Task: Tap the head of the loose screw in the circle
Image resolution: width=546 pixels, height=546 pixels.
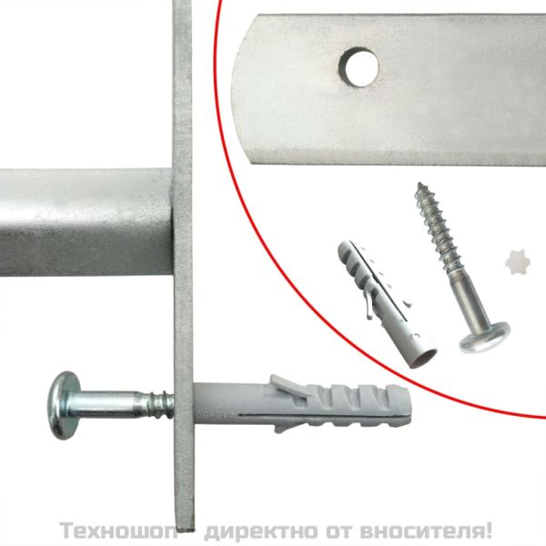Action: pos(481,337)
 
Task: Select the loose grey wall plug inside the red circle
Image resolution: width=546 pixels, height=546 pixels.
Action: pos(369,296)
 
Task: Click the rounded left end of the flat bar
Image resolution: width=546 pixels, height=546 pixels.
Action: pos(242,86)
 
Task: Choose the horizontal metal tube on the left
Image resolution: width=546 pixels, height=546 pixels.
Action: pos(86,223)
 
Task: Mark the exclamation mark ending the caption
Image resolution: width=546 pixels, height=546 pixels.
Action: pos(490,529)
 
